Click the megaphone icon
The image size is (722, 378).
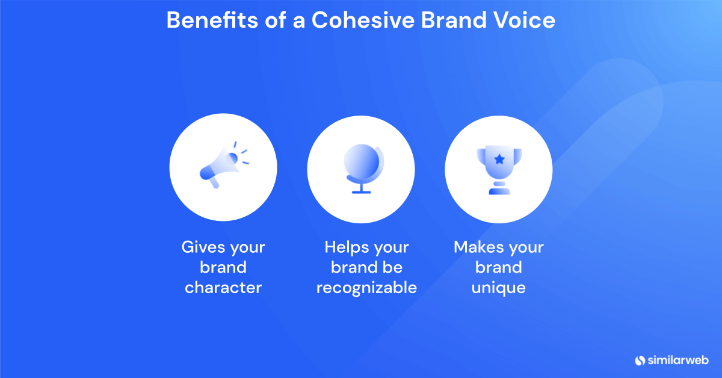221,165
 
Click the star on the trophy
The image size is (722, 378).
499,159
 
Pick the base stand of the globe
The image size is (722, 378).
361,192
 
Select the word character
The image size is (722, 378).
223,288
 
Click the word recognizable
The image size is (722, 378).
366,288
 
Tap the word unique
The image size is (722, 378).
498,288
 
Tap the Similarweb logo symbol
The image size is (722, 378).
640,361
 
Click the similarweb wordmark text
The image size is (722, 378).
678,361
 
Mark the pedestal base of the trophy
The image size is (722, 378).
499,191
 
